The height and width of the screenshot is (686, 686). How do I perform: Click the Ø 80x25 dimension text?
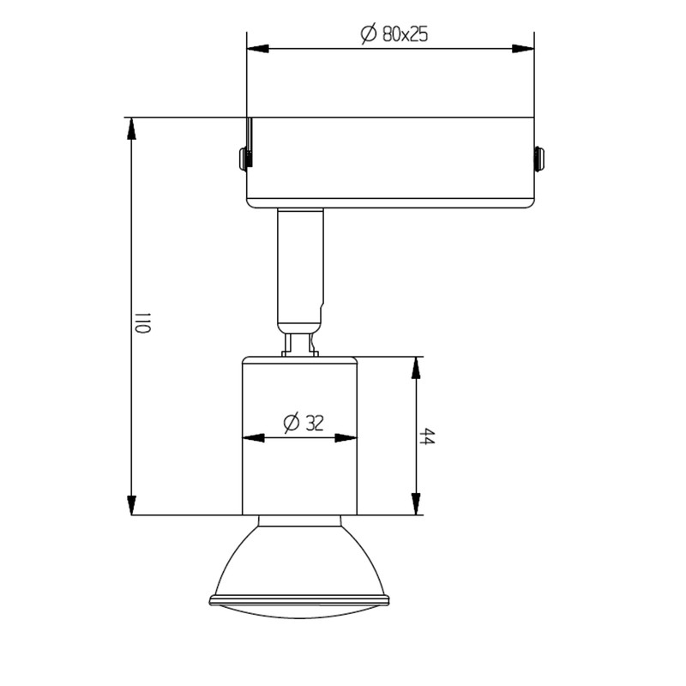click(x=394, y=34)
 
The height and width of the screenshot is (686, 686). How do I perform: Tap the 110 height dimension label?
click(x=142, y=323)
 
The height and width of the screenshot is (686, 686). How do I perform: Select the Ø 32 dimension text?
click(x=304, y=423)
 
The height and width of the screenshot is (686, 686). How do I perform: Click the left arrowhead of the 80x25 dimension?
click(x=258, y=49)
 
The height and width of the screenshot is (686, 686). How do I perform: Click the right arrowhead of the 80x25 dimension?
click(x=523, y=49)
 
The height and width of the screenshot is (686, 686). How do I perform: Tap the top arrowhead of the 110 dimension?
click(x=131, y=129)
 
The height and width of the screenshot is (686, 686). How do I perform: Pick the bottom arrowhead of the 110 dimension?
click(x=131, y=505)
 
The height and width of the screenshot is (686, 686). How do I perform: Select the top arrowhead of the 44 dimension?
click(x=416, y=368)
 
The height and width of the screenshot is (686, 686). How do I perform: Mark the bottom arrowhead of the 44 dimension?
click(x=416, y=504)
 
